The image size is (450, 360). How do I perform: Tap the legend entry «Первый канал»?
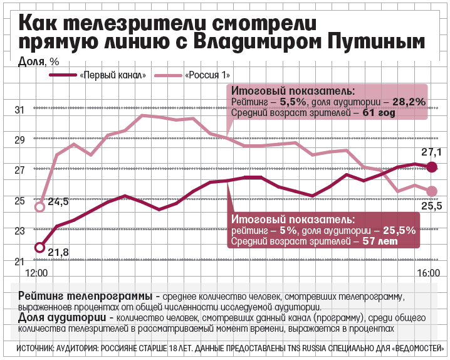click(113, 75)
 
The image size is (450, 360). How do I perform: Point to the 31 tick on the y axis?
click(19, 110)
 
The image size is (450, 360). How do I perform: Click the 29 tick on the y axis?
click(19, 140)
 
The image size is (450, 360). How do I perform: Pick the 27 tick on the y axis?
click(19, 170)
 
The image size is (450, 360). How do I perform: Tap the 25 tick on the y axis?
click(19, 201)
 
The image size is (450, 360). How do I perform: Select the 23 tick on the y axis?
click(19, 231)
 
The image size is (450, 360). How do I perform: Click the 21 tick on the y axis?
click(19, 262)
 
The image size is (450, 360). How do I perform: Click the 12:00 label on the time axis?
click(36, 273)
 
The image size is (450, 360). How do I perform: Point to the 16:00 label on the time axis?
click(429, 273)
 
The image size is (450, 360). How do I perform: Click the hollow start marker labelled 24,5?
click(39, 206)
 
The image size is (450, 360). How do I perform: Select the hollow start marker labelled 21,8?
click(39, 248)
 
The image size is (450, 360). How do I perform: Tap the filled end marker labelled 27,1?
click(431, 166)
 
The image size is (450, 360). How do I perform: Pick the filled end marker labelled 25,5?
click(431, 191)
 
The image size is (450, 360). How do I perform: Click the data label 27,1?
click(431, 152)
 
